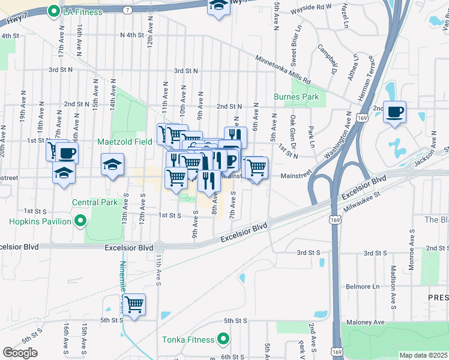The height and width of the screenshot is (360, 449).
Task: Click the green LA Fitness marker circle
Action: (x=53, y=11)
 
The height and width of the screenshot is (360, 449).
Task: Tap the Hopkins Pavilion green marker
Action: (x=80, y=222)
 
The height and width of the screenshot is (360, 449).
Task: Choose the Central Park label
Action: (x=95, y=202)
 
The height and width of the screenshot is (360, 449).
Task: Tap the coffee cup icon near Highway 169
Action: (x=394, y=112)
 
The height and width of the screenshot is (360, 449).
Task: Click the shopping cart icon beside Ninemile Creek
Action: (x=134, y=304)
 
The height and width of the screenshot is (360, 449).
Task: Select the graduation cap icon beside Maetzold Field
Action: (x=112, y=164)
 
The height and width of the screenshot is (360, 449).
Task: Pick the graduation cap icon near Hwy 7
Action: (x=218, y=6)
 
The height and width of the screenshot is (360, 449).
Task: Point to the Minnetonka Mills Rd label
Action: (x=283, y=70)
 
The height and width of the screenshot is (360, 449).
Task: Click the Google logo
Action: (x=20, y=353)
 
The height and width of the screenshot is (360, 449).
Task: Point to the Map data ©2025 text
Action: (x=423, y=355)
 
